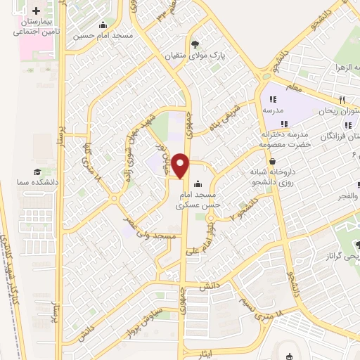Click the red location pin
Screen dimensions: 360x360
[181, 166]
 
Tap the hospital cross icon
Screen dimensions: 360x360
[36, 10]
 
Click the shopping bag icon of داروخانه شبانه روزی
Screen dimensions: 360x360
[272, 161]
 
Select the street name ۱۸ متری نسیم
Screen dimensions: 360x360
[263, 304]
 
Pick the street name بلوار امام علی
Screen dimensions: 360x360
[198, 251]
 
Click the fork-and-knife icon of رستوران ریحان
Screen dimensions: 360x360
[342, 100]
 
